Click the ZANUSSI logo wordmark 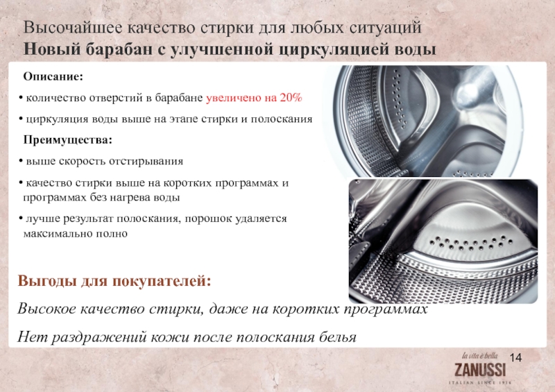coord(480,369)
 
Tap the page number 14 coord(515,357)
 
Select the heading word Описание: coord(53,76)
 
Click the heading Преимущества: coord(67,140)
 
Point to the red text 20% coord(291,97)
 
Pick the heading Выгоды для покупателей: coord(114,281)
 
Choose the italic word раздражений coord(99,336)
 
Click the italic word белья coord(338,336)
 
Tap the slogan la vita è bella coord(479,355)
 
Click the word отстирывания coord(146,162)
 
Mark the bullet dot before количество coord(21,97)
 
